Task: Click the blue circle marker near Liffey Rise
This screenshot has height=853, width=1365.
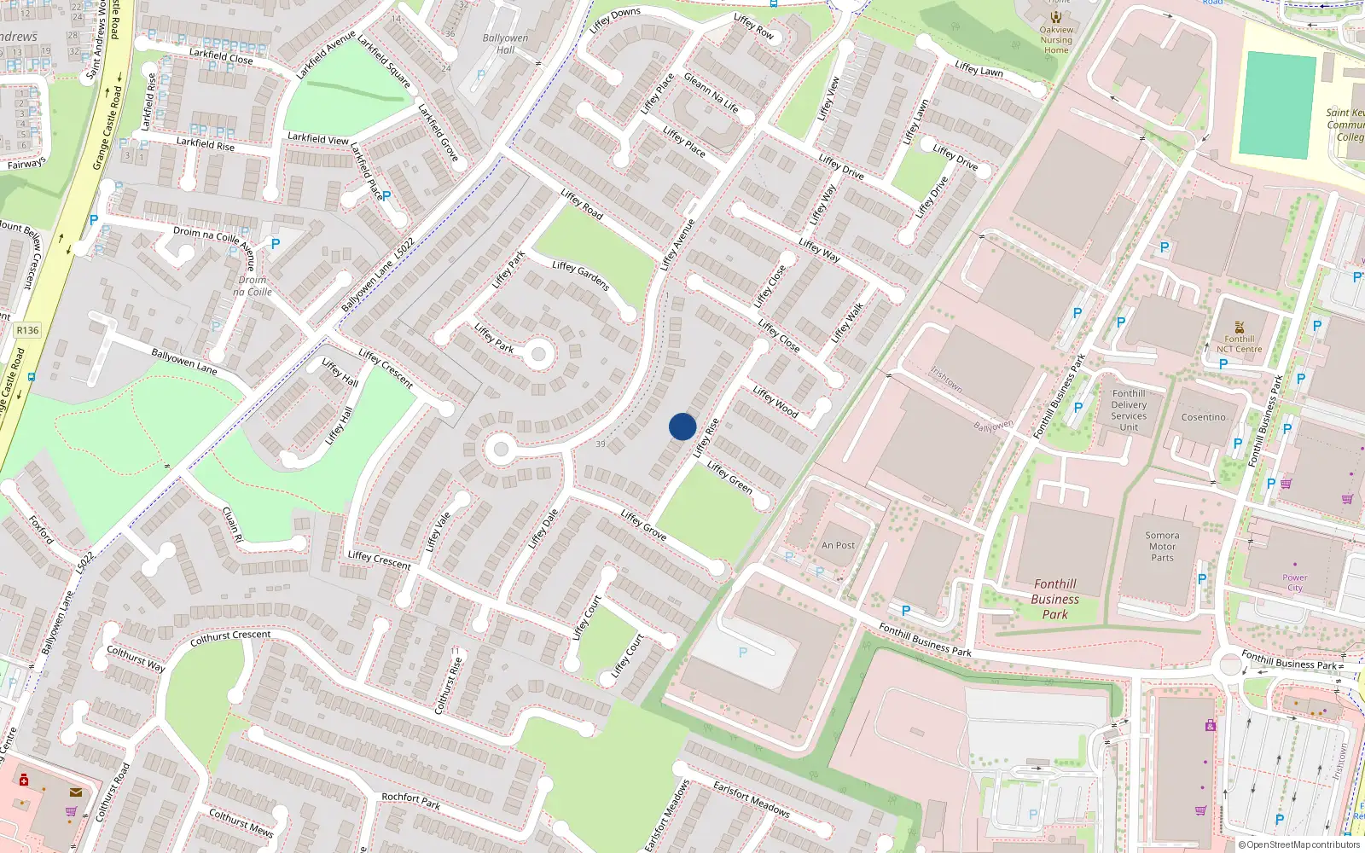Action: click(x=682, y=426)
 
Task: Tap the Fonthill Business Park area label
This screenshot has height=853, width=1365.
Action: click(x=1055, y=599)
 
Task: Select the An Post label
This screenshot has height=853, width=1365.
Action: click(x=838, y=545)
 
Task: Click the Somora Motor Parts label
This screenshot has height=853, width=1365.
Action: click(x=1162, y=547)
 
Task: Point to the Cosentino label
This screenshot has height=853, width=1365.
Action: click(x=1203, y=417)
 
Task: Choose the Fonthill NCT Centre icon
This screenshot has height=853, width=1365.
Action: click(x=1240, y=328)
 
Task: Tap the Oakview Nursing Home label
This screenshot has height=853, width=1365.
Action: click(x=1056, y=40)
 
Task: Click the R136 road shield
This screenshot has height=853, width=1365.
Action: click(x=27, y=330)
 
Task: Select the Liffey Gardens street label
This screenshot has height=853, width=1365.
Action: click(x=581, y=275)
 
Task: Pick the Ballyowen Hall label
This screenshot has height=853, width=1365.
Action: click(x=505, y=44)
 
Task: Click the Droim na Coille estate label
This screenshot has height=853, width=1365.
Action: click(x=253, y=286)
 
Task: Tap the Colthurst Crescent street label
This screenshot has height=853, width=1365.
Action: click(x=230, y=636)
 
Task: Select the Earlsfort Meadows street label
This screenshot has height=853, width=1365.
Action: click(x=752, y=798)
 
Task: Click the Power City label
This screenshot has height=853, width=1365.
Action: click(x=1294, y=583)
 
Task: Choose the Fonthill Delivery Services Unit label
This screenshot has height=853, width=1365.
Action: click(x=1129, y=410)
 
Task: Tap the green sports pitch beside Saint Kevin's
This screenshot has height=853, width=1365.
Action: click(x=1277, y=104)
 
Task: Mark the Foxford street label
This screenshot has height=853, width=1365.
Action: click(x=41, y=530)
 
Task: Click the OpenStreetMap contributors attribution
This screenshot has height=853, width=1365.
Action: click(x=1298, y=844)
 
